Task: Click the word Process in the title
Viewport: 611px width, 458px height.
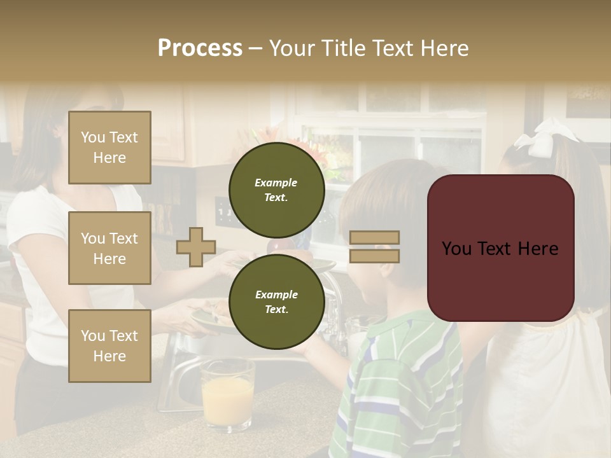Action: pyautogui.click(x=200, y=48)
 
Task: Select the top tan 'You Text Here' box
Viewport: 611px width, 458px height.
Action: pyautogui.click(x=109, y=148)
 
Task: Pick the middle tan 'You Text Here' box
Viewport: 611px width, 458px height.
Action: pyautogui.click(x=109, y=248)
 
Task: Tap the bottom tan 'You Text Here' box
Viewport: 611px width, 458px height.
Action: pyautogui.click(x=109, y=345)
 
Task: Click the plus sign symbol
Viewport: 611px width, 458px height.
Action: pyautogui.click(x=196, y=246)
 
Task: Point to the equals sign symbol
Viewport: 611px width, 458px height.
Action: pyautogui.click(x=375, y=247)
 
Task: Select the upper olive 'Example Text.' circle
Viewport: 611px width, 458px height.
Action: pyautogui.click(x=276, y=190)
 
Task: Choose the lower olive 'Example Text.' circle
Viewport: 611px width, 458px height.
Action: pyautogui.click(x=276, y=302)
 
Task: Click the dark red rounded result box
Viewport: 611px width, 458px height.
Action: pyautogui.click(x=500, y=248)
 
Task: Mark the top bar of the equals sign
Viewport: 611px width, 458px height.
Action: pyautogui.click(x=375, y=237)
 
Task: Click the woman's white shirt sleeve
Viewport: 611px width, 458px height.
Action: pyautogui.click(x=32, y=216)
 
